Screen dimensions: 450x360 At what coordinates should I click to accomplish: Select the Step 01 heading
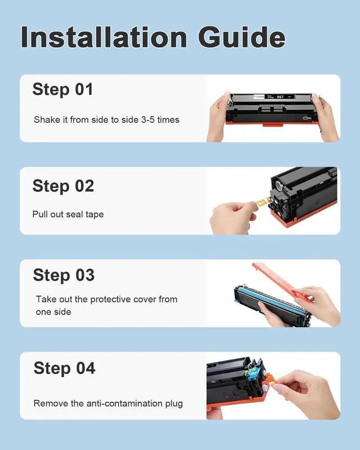click(x=62, y=89)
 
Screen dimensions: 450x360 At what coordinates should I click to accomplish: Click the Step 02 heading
click(x=63, y=186)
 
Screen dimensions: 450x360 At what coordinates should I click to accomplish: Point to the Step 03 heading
click(x=64, y=275)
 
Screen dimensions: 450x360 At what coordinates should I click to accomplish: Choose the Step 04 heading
click(x=64, y=368)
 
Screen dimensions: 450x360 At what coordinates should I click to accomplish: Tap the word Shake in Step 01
click(x=47, y=120)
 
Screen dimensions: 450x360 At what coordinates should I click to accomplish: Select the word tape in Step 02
click(x=94, y=214)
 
